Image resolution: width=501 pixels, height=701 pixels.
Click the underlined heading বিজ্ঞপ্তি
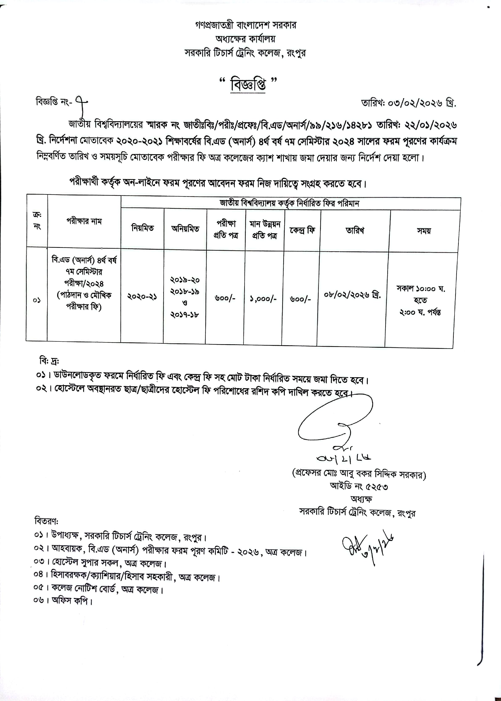click(248, 84)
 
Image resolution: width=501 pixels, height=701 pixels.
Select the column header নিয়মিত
click(142, 228)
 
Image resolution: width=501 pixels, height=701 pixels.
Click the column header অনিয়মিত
click(185, 229)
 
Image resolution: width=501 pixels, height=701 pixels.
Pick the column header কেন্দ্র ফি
click(302, 230)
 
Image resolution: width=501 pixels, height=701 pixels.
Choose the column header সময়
click(424, 231)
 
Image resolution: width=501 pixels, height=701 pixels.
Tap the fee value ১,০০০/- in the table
click(263, 299)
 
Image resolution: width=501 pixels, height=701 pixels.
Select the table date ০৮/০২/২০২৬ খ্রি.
click(352, 295)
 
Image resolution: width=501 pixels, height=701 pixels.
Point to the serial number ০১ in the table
click(37, 300)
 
